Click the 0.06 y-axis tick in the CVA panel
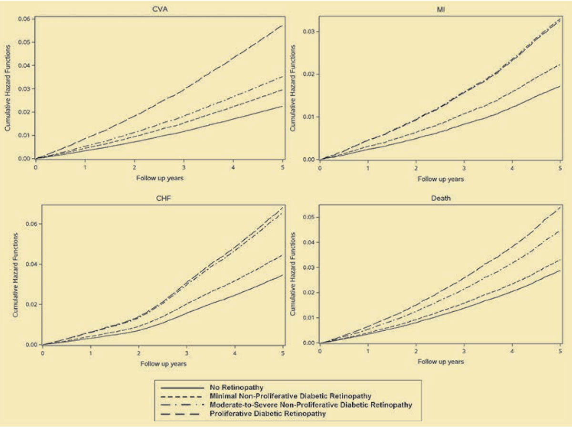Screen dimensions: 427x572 point(22,19)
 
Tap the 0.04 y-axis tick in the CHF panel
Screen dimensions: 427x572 point(30,264)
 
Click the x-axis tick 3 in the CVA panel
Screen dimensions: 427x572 point(184,168)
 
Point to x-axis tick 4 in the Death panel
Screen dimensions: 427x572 point(512,352)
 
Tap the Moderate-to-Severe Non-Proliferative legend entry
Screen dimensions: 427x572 point(310,405)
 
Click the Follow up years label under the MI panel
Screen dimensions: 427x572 point(440,179)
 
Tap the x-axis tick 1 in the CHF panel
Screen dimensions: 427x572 point(91,353)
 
